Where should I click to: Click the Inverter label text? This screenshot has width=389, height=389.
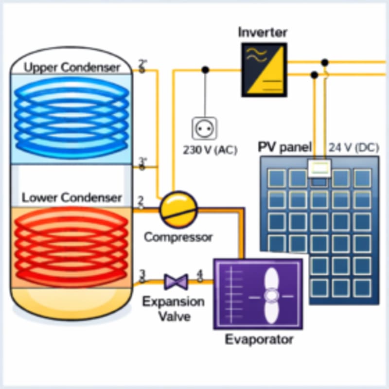(x=263, y=33)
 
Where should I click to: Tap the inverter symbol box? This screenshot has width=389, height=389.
(x=264, y=70)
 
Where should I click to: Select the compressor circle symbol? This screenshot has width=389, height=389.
(x=178, y=209)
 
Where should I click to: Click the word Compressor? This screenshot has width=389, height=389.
(x=178, y=238)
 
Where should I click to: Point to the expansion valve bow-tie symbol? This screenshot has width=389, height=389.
(x=176, y=281)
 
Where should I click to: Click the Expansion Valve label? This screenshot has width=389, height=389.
(x=173, y=309)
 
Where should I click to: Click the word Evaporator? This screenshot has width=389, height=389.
(x=259, y=339)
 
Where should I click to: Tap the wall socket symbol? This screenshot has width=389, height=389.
(x=204, y=128)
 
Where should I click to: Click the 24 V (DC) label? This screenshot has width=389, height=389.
(x=354, y=148)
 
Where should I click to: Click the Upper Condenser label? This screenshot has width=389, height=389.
(x=71, y=67)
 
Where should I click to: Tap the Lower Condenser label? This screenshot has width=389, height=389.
(x=71, y=198)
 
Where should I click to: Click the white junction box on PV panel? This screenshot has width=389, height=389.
(x=319, y=169)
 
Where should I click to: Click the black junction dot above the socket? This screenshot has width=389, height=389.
(x=205, y=70)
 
